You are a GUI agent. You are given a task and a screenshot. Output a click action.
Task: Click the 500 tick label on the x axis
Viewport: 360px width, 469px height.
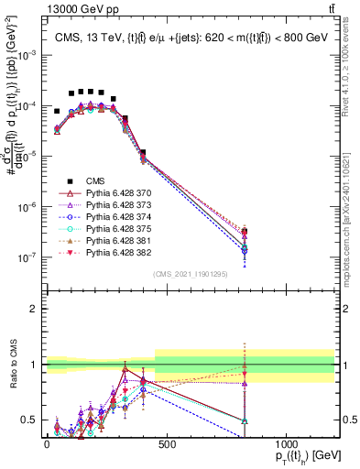166,443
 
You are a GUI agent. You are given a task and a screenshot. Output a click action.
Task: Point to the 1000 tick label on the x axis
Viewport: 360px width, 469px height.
286,443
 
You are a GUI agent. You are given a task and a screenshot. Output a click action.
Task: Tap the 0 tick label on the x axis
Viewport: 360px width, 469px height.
47,443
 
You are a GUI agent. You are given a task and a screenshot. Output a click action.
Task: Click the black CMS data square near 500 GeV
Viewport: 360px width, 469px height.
143,152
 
